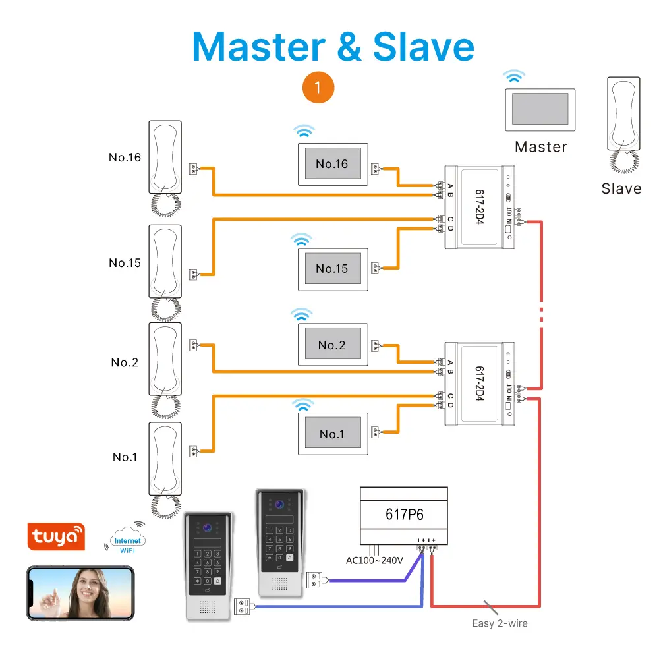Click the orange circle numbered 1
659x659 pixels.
pos(318,87)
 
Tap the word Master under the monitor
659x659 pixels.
pos(541,147)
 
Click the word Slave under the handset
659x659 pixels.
pos(621,188)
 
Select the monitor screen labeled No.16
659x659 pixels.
pos(331,164)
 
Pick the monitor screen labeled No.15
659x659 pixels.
pos(331,269)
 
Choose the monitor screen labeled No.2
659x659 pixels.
pos(331,345)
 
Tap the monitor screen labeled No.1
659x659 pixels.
pos(331,434)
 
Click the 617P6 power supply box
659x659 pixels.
pos(403,514)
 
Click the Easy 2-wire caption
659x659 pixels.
pos(500,623)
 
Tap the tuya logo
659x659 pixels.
pos(56,537)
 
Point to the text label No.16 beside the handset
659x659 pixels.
pos(125,158)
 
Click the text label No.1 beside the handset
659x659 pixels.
pos(125,457)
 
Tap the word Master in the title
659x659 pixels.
pos(258,46)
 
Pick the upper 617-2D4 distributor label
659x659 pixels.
pos(480,207)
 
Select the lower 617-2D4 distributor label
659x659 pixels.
pos(480,384)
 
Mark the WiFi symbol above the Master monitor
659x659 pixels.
pos(512,76)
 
